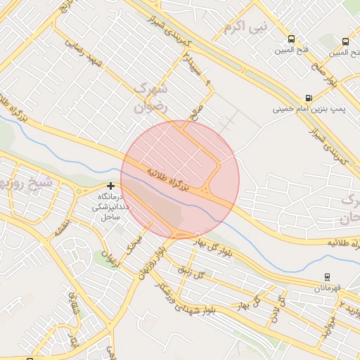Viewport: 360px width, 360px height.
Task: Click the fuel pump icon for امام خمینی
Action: point(309,98)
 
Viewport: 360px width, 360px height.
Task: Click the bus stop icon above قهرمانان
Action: point(327,277)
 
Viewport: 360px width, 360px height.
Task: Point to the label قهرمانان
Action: point(328,288)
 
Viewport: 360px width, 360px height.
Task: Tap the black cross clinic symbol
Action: point(110,187)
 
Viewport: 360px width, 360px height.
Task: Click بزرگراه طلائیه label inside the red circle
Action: point(169,179)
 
